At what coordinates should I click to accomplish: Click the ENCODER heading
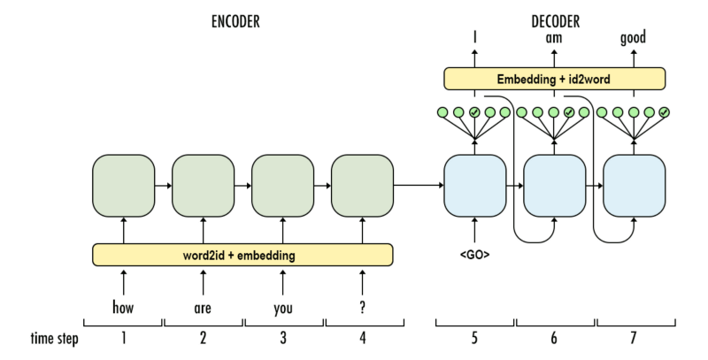[x=235, y=22]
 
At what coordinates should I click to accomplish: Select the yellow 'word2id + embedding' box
[x=243, y=255]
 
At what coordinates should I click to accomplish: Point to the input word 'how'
[x=123, y=310]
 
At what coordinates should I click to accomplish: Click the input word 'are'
[x=204, y=310]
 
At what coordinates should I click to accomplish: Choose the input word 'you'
[x=283, y=310]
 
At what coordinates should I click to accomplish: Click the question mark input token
[x=362, y=310]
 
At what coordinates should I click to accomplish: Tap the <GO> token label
[x=474, y=255]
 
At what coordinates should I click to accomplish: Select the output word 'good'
[x=634, y=38]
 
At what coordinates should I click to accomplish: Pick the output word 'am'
[x=554, y=38]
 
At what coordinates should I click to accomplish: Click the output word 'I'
[x=474, y=38]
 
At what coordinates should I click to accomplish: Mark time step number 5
[x=474, y=338]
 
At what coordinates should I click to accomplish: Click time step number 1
[x=123, y=338]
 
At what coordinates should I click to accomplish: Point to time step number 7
[x=634, y=338]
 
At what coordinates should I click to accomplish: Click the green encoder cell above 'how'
[x=123, y=185]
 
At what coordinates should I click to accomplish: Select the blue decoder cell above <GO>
[x=474, y=185]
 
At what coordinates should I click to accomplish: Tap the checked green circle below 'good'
[x=664, y=112]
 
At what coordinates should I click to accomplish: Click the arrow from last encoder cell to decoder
[x=418, y=185]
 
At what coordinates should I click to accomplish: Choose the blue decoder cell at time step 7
[x=634, y=185]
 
